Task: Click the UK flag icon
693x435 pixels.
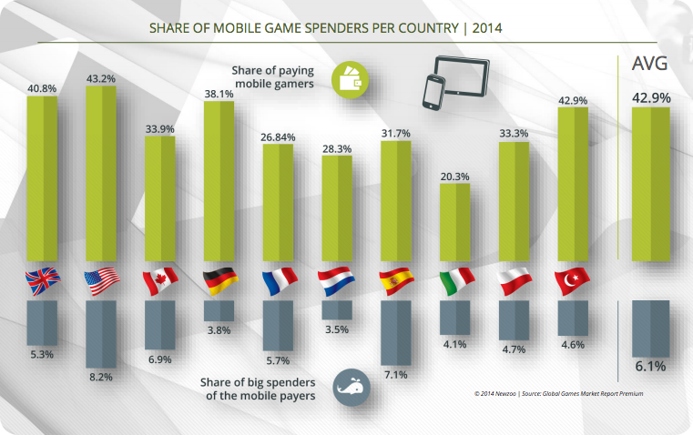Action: pyautogui.click(x=43, y=281)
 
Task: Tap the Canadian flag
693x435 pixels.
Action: pyautogui.click(x=160, y=281)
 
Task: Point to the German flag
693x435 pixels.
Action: pyautogui.click(x=219, y=281)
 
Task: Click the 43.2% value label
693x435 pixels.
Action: pyautogui.click(x=101, y=79)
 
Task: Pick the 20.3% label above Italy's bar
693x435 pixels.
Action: pyautogui.click(x=454, y=177)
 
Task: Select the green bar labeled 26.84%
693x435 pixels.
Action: pyautogui.click(x=278, y=202)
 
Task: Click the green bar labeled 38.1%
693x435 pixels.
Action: pyautogui.click(x=219, y=181)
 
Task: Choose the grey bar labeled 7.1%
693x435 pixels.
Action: pyautogui.click(x=395, y=333)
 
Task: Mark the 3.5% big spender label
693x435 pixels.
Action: pyautogui.click(x=337, y=329)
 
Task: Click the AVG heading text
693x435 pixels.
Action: pyautogui.click(x=650, y=66)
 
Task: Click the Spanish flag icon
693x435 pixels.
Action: pyautogui.click(x=396, y=281)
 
